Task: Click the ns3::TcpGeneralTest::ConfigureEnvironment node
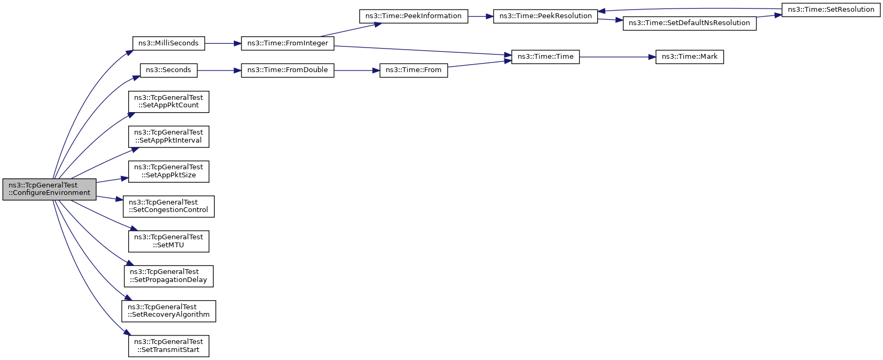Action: [49, 189]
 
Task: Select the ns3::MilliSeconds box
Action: [168, 43]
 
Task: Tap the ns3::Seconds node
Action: [168, 70]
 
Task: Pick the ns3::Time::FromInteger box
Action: [287, 43]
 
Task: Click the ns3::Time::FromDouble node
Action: [287, 70]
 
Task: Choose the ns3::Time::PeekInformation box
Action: [413, 16]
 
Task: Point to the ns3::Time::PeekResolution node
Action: [545, 16]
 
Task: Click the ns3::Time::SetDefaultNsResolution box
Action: [690, 24]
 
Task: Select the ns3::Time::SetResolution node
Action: [831, 10]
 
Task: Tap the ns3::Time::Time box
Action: [545, 57]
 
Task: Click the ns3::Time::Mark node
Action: [690, 57]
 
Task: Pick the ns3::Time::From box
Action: [413, 70]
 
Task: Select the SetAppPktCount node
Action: [168, 101]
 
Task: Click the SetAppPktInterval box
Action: [168, 136]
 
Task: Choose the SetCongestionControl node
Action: [168, 206]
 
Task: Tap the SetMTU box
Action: [168, 241]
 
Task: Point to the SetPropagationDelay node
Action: [168, 276]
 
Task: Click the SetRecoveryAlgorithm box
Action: [168, 311]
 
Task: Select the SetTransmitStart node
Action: [168, 346]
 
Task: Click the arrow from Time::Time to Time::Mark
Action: [618, 57]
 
